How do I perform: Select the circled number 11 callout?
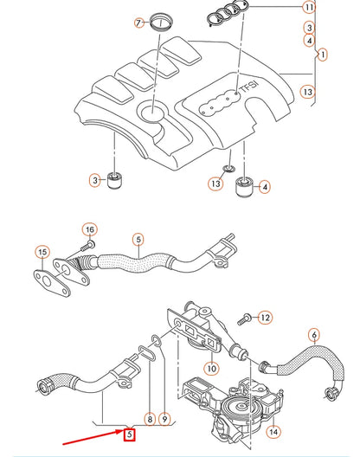coord(309,7)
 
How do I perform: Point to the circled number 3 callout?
coord(96,180)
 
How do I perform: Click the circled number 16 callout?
coord(89,228)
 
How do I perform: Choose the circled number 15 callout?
coord(42,252)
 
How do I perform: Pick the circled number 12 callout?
coord(265,318)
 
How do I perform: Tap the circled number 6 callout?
coord(314,335)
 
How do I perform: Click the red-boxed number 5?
coord(129,434)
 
